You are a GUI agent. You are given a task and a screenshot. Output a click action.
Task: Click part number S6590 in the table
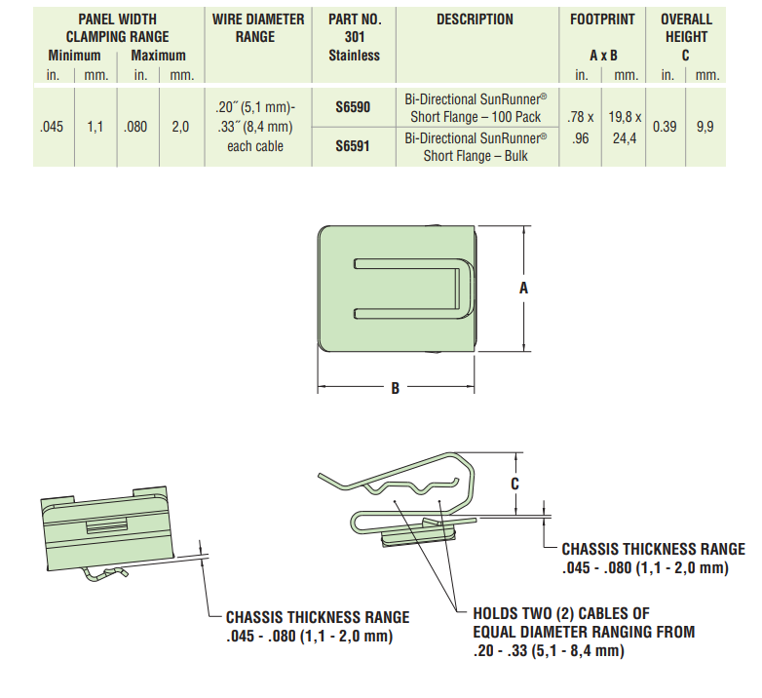[x=353, y=108]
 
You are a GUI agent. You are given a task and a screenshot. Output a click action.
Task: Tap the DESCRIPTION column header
[x=475, y=19]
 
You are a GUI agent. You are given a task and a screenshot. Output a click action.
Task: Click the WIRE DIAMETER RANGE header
[x=255, y=27]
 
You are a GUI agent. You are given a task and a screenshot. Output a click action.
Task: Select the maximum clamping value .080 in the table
[x=135, y=127]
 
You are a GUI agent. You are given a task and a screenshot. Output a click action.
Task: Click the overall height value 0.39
[x=664, y=127]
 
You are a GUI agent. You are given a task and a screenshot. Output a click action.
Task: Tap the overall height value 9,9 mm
[x=705, y=127]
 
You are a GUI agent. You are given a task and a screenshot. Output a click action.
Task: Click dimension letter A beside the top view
[x=524, y=289]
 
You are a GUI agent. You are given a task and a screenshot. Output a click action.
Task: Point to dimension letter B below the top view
[x=396, y=388]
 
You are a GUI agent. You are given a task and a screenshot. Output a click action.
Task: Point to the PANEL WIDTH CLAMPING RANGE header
[x=117, y=27]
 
